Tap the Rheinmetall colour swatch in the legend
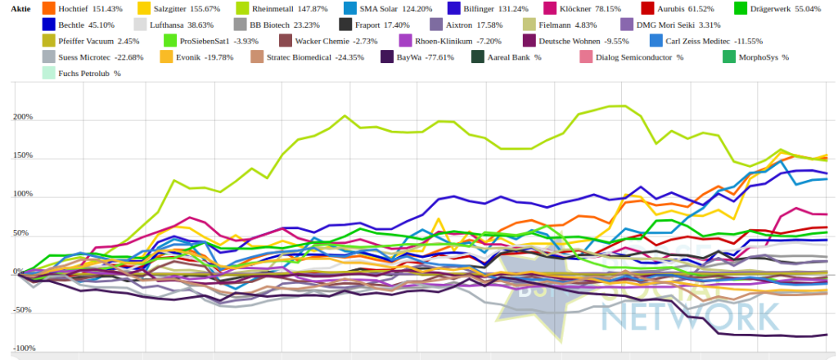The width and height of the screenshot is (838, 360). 242,8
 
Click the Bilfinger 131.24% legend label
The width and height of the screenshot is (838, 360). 498,8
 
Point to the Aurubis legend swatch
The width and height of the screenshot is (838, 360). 648,8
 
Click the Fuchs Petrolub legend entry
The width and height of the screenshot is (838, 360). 81,73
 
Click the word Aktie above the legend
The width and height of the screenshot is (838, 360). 20,8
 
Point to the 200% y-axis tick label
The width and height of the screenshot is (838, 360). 24,117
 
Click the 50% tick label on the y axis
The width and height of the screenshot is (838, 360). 25,233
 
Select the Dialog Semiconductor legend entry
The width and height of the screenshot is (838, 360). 631,56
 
